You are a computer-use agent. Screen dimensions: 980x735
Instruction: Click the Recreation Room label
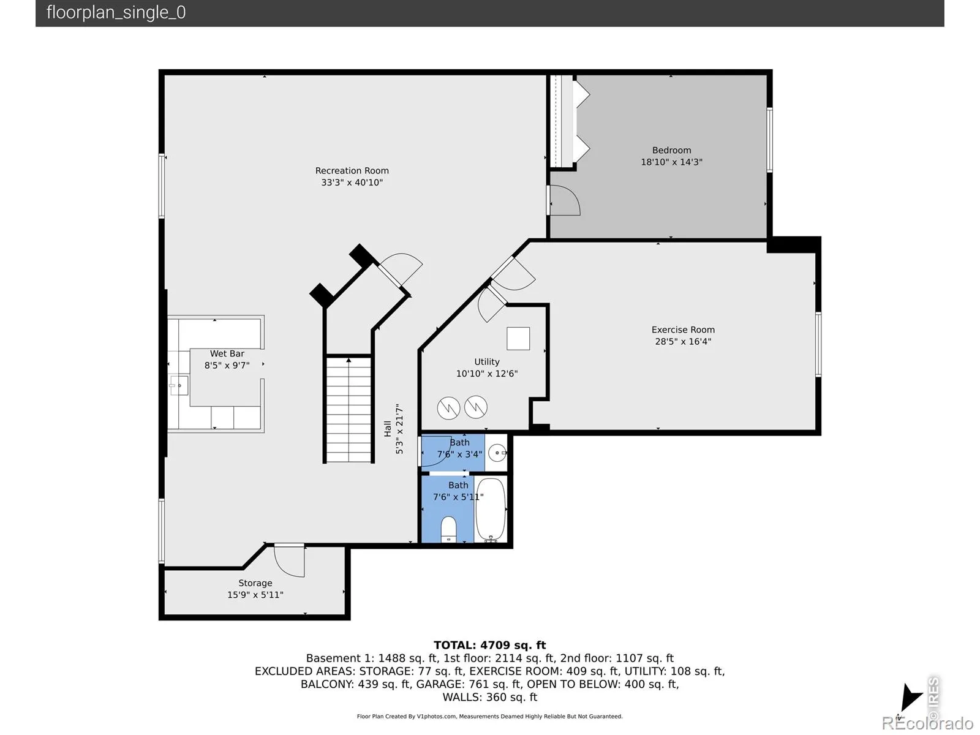(352, 170)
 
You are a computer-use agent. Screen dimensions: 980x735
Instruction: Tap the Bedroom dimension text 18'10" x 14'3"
(671, 162)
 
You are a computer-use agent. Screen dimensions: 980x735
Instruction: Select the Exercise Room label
(683, 330)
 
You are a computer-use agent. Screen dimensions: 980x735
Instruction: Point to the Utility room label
(487, 362)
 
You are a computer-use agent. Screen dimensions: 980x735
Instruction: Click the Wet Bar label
(227, 353)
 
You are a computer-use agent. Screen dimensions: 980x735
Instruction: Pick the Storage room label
(255, 583)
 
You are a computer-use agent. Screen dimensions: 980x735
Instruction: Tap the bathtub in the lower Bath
(490, 510)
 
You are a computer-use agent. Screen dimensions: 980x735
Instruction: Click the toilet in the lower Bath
(448, 529)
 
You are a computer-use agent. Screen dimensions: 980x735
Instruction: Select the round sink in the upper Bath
(497, 453)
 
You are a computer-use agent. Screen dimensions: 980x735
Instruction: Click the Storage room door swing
(289, 560)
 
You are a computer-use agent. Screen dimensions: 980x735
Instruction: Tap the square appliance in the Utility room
(518, 338)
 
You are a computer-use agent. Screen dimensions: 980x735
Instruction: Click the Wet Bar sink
(179, 385)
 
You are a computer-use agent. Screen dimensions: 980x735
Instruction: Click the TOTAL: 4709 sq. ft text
(490, 645)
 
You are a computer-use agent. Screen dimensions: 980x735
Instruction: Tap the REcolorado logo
(928, 722)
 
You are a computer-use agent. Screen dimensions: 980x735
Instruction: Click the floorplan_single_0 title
(116, 12)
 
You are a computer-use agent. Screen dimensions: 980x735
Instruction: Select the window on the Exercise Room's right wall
(818, 344)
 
